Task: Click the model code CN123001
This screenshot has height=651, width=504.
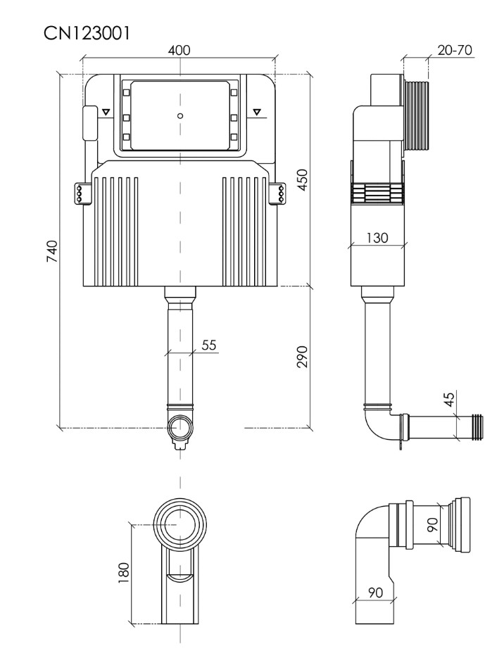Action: coord(87,33)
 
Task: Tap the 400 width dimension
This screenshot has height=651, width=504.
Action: coord(179,50)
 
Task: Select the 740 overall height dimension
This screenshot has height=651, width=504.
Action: coord(52,251)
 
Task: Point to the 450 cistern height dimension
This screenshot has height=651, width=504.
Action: coord(303,179)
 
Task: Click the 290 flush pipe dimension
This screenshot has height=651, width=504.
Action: coord(303,356)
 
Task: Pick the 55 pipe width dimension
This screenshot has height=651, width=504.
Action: coord(209,345)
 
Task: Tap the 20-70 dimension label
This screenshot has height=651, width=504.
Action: coord(455,50)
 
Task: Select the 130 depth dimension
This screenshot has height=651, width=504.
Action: coord(377,238)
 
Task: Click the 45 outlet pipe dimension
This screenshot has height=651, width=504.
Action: coord(449,400)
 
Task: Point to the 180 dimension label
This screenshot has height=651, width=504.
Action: coord(124,573)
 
